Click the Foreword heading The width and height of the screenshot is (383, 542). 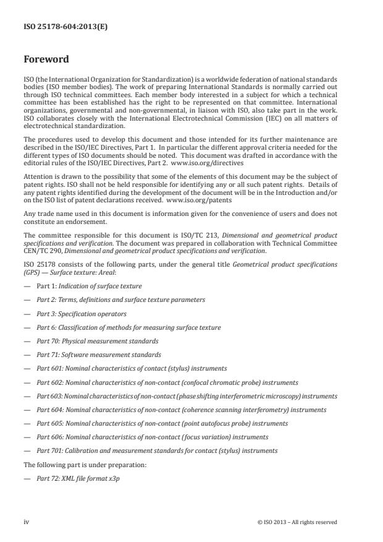48,61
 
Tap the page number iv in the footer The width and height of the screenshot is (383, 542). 27,522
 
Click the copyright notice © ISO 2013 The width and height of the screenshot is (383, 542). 297,522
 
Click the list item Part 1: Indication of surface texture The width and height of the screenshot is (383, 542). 89,286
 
